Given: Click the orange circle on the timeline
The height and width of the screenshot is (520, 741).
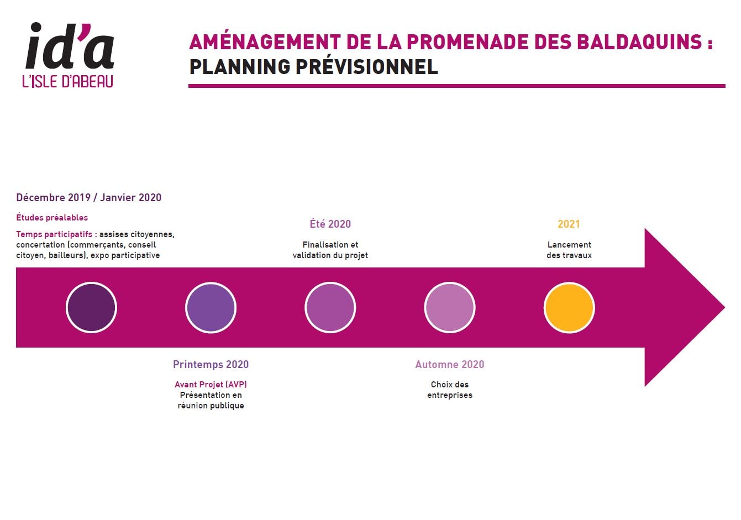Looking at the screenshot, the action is pos(569,307).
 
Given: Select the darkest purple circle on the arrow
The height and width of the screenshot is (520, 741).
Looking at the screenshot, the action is pos(91,307).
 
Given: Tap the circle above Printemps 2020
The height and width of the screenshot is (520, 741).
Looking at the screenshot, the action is pos(211,307).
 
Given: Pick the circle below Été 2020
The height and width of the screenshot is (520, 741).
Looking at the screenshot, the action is pos(330,307).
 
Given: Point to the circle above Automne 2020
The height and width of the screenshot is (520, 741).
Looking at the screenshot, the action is pos(450,307).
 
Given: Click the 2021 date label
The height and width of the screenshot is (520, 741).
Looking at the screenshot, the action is pos(569,224).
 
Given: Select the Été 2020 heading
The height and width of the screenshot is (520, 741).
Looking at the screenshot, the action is pos(330,224).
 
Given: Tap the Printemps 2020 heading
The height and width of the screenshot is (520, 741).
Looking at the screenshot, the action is pos(211,364).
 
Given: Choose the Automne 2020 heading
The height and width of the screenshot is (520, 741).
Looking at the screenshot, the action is pos(450,364).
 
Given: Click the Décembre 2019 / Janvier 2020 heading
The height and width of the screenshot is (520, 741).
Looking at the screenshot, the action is pos(88,197).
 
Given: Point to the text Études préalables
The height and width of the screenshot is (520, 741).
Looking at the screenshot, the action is pos(52,217).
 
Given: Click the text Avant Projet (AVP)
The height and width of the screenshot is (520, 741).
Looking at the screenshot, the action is pos(211,385).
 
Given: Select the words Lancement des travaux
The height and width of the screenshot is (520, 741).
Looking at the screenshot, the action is pos(569,250).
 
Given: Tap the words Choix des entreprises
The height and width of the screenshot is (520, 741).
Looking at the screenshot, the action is pos(450,390).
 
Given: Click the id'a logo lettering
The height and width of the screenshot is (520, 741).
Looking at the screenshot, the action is pos(70,46).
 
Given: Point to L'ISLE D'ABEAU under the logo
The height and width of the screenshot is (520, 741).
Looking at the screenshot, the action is pos(68,81).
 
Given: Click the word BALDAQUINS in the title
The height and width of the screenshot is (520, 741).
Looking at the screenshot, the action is pos(639,42).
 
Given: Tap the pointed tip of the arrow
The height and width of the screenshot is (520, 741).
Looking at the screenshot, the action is pos(724,307).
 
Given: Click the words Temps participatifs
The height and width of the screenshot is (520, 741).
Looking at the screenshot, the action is pos(54,234).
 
